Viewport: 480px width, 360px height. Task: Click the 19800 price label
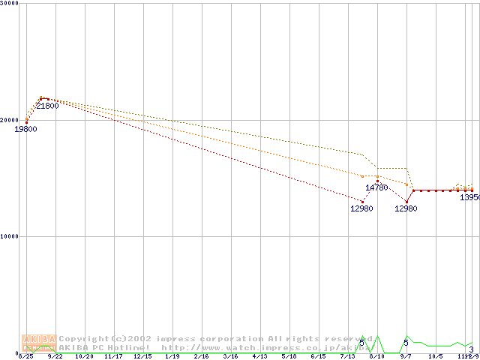coord(25,129)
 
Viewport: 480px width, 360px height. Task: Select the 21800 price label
coord(47,106)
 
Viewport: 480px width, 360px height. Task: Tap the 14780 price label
coord(376,187)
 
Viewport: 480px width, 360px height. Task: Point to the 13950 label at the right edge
coord(469,197)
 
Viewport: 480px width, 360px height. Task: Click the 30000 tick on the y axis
coord(9,4)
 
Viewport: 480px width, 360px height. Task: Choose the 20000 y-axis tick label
coord(9,120)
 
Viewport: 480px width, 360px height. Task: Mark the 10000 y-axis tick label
coord(9,236)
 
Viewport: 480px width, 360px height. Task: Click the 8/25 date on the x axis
coord(25,357)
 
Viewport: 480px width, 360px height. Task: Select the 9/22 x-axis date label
coord(55,357)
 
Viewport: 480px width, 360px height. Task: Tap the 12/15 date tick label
coord(142,357)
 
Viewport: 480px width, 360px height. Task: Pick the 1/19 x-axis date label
coord(172,357)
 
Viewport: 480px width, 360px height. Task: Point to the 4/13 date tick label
coord(260,357)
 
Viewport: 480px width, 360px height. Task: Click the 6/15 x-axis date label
coord(319,357)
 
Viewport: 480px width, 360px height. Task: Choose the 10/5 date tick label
coord(436,357)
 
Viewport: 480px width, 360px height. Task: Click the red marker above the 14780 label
coord(377,181)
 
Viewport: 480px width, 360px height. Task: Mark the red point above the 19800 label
coord(26,122)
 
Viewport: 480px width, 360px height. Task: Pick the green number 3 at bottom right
coord(471,349)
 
